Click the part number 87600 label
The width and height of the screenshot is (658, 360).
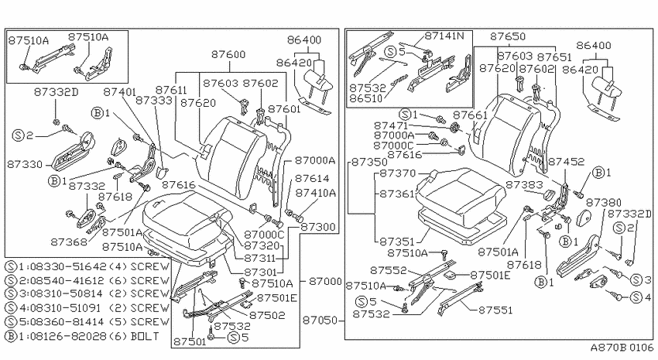[228, 54]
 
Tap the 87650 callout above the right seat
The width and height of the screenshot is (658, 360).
[508, 37]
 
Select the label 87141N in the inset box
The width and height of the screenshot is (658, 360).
[444, 36]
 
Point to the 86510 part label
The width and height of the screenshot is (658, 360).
[366, 98]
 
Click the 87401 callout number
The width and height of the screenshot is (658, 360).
[119, 92]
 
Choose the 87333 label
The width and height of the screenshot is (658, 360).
[154, 101]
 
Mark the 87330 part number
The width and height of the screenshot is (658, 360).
[25, 164]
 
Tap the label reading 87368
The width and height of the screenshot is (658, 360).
[69, 242]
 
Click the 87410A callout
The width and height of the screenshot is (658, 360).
[316, 193]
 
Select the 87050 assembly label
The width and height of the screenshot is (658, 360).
[320, 321]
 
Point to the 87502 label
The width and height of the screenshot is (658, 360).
[267, 315]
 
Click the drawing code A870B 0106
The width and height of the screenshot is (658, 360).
[622, 348]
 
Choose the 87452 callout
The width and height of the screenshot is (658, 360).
[566, 162]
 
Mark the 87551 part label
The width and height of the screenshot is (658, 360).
[495, 310]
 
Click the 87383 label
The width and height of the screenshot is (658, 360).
[525, 184]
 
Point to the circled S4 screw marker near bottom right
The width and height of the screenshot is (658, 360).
[636, 297]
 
